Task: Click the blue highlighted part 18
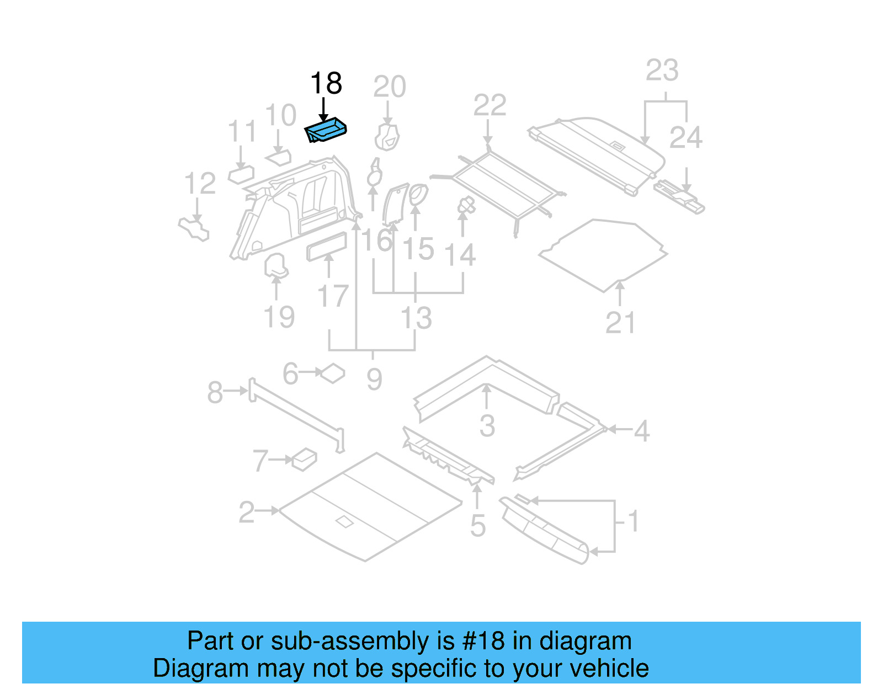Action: (x=326, y=131)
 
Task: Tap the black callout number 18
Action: (x=326, y=84)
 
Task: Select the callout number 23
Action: (x=662, y=71)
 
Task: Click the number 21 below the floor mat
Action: (x=620, y=323)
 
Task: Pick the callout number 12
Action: (x=200, y=184)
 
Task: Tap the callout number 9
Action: (x=374, y=380)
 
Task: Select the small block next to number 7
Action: (x=304, y=458)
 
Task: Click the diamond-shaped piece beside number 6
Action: (x=333, y=373)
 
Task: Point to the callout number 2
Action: (x=247, y=512)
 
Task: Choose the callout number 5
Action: (x=478, y=526)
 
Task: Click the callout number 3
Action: (x=487, y=426)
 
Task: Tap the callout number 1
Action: (x=634, y=521)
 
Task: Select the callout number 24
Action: (x=685, y=137)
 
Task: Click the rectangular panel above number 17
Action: (x=327, y=246)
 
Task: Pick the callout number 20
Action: (x=389, y=87)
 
